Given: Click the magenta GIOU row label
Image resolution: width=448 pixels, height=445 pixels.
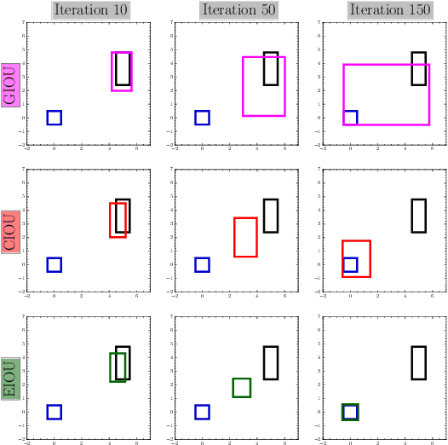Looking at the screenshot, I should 10,84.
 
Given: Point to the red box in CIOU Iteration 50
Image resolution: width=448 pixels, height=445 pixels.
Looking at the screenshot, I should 245,237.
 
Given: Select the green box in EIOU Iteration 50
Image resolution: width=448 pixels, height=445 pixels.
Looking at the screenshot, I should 241,388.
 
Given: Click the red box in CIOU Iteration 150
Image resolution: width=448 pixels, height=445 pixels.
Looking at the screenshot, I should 356,258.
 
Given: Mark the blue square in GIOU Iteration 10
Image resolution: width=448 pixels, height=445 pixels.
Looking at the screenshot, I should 54,118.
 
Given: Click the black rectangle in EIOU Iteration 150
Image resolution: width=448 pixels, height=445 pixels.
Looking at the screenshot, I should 418,362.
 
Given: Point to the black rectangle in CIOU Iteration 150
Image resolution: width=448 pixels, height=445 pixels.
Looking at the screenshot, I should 418,215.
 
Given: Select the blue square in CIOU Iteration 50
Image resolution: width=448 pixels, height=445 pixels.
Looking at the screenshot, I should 202,264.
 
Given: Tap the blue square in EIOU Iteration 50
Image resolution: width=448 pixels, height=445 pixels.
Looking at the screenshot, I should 202,412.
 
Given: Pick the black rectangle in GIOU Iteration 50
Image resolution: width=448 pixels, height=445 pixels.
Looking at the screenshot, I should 271,68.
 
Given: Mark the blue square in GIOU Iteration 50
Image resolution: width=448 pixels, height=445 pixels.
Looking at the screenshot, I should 202,118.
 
